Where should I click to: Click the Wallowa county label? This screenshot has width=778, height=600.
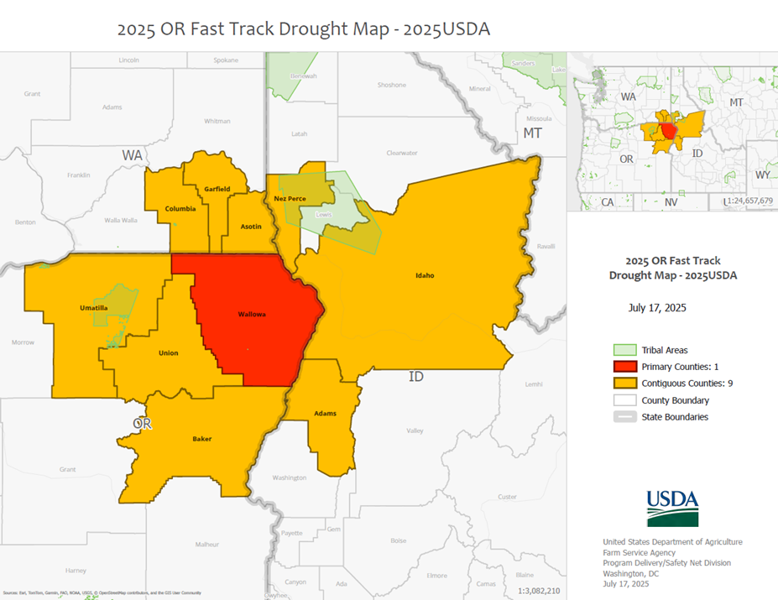click(x=252, y=314)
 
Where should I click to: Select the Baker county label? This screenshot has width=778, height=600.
click(x=202, y=439)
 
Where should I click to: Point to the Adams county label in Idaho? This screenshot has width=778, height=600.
click(x=325, y=413)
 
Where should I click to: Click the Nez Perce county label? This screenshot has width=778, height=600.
click(x=289, y=199)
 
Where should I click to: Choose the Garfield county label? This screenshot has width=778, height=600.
click(x=217, y=189)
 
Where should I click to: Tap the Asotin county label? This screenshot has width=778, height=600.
click(x=251, y=227)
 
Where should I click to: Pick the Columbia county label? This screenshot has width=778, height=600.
click(x=180, y=209)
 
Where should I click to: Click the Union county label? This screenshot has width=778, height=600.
click(x=168, y=353)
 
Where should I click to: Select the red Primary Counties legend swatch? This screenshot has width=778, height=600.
click(x=624, y=367)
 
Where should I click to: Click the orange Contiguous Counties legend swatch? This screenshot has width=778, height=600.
click(x=624, y=383)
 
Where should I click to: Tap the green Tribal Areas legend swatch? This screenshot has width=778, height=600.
click(x=624, y=350)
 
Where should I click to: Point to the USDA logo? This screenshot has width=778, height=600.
click(x=672, y=508)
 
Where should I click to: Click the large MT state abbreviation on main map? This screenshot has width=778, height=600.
click(x=533, y=133)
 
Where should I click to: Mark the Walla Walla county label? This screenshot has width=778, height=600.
click(x=120, y=220)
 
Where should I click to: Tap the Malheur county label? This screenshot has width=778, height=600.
click(x=206, y=545)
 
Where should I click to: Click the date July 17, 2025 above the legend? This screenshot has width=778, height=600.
click(x=657, y=308)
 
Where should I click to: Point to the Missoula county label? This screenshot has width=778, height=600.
click(x=539, y=118)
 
